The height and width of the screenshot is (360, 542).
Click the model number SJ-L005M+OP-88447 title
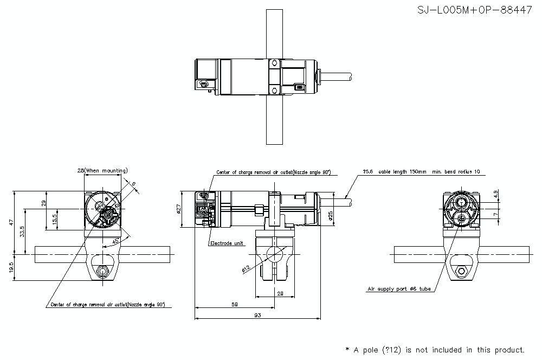[x=474, y=10]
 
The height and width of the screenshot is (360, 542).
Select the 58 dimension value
[x=234, y=305]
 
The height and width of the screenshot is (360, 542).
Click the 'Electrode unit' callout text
[x=227, y=244]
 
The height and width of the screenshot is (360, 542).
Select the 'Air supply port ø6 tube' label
[x=399, y=289]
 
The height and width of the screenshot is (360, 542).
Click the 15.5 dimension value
[x=55, y=219]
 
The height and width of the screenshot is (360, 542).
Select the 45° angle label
[x=116, y=241]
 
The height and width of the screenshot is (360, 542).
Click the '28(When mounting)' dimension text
[x=102, y=170]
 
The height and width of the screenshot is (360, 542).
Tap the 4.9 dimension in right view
[x=495, y=194]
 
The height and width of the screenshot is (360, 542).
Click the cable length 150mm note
[x=422, y=172]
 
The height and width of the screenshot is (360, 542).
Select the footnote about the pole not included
[x=435, y=350]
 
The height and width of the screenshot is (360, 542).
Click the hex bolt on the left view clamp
[x=101, y=271]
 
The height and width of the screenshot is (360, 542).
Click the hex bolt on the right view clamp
[x=461, y=271]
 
